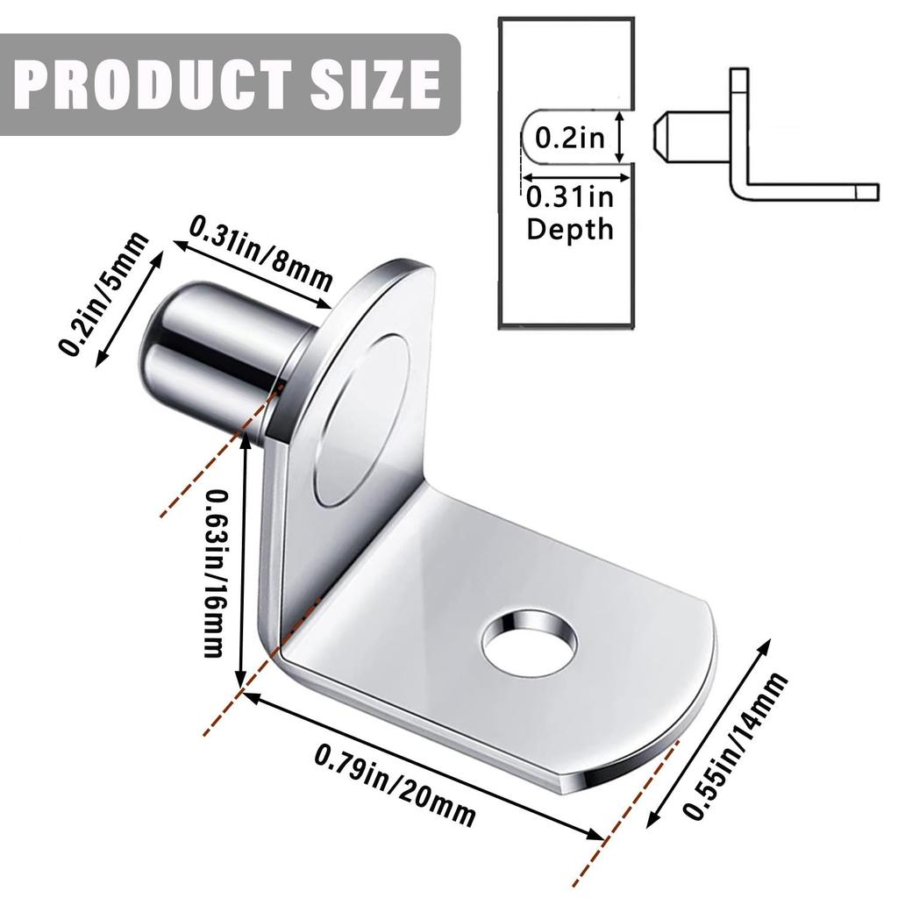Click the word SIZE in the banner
coord(372,83)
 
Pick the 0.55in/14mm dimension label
coord(736,747)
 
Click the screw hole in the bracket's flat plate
coord(529,645)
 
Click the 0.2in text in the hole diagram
coord(570,138)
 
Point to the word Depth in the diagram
coord(570,230)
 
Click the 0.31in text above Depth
coord(570,198)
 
